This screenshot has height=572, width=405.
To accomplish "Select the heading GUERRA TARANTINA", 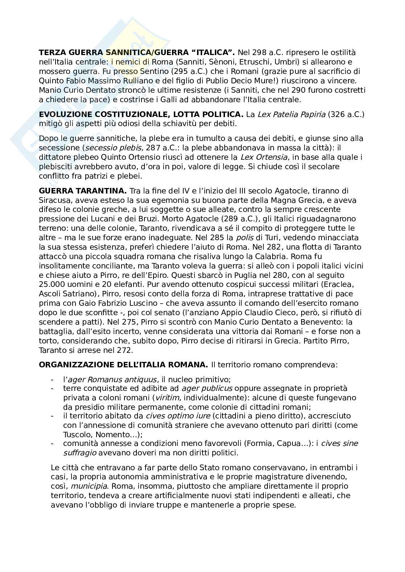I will [82, 191].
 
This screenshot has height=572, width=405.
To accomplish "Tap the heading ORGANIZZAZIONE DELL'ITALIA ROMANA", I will [123, 364].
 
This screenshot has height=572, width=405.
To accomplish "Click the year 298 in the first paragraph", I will [258, 53].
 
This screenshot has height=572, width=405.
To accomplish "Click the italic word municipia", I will [89, 486].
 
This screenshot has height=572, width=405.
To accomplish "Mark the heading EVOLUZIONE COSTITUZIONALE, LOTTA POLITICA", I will [141, 114].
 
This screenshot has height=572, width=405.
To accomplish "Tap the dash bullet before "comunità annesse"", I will [53, 443].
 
